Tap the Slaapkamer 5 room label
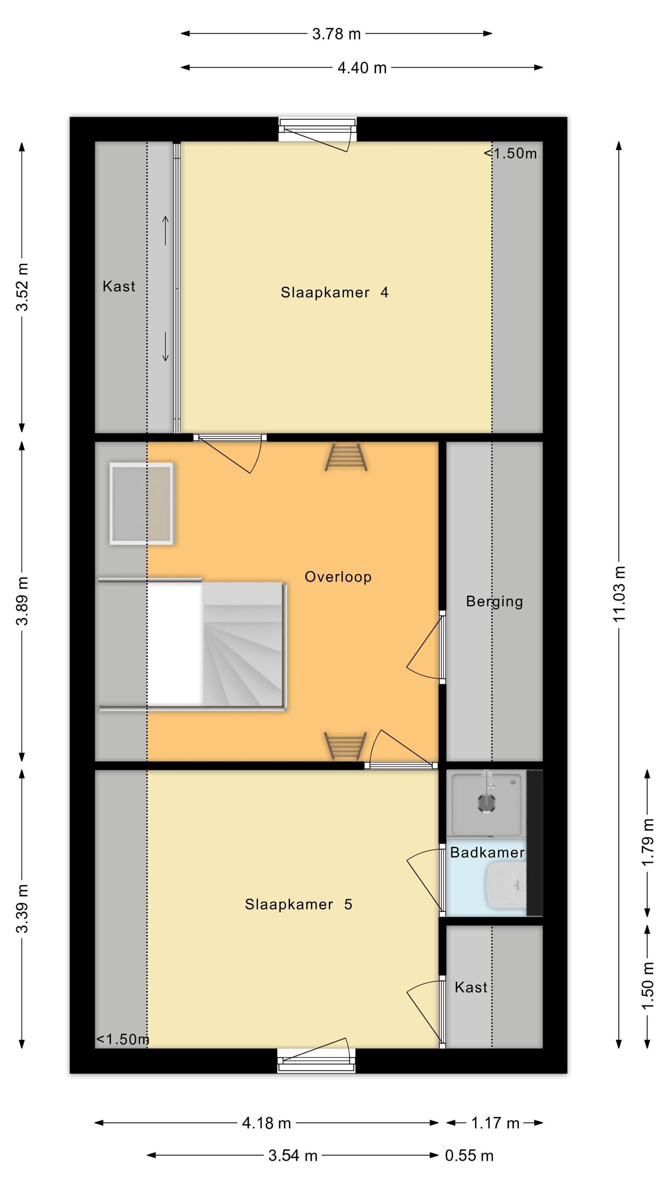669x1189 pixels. coord(298,904)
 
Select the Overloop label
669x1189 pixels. coord(338,577)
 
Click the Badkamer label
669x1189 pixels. coord(487,853)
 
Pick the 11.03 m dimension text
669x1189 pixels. coord(619,594)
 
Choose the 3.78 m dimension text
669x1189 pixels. coord(336,34)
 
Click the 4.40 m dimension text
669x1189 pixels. coord(362,68)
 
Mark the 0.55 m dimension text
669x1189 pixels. coord(469,1156)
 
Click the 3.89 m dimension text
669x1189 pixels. coord(22,601)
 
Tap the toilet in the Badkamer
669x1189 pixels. coord(506,884)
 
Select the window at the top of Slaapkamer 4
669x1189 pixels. coord(317,130)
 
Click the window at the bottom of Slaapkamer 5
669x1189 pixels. coord(317,1061)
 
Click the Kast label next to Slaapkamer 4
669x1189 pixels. coord(119,287)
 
